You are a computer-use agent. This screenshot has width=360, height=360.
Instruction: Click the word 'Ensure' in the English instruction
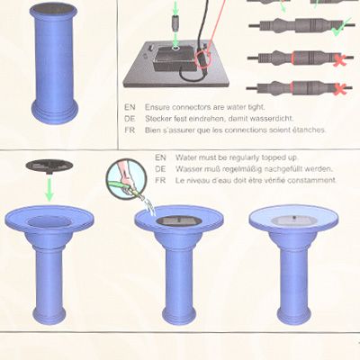click(x=157, y=107)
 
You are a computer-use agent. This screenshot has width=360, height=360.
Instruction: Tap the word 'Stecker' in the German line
click(x=158, y=119)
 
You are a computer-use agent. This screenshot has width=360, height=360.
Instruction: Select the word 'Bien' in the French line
click(x=152, y=130)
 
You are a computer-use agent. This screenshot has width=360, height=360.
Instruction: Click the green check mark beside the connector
click(x=341, y=28)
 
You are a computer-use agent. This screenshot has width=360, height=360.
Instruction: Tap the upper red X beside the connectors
click(x=340, y=58)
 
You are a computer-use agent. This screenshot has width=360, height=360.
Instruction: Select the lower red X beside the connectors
click(x=339, y=89)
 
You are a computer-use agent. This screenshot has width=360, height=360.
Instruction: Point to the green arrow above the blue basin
click(x=49, y=189)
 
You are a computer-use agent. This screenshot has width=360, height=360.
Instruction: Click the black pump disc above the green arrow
click(x=49, y=166)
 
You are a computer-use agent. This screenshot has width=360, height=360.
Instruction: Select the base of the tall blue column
click(x=55, y=112)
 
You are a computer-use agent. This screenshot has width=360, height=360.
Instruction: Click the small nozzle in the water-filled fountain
click(x=294, y=217)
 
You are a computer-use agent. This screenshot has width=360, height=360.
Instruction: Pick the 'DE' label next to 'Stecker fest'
click(x=130, y=119)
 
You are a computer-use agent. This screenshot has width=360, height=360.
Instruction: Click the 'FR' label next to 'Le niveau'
click(x=160, y=181)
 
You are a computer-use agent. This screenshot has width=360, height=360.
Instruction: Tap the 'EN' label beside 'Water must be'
click(x=160, y=157)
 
